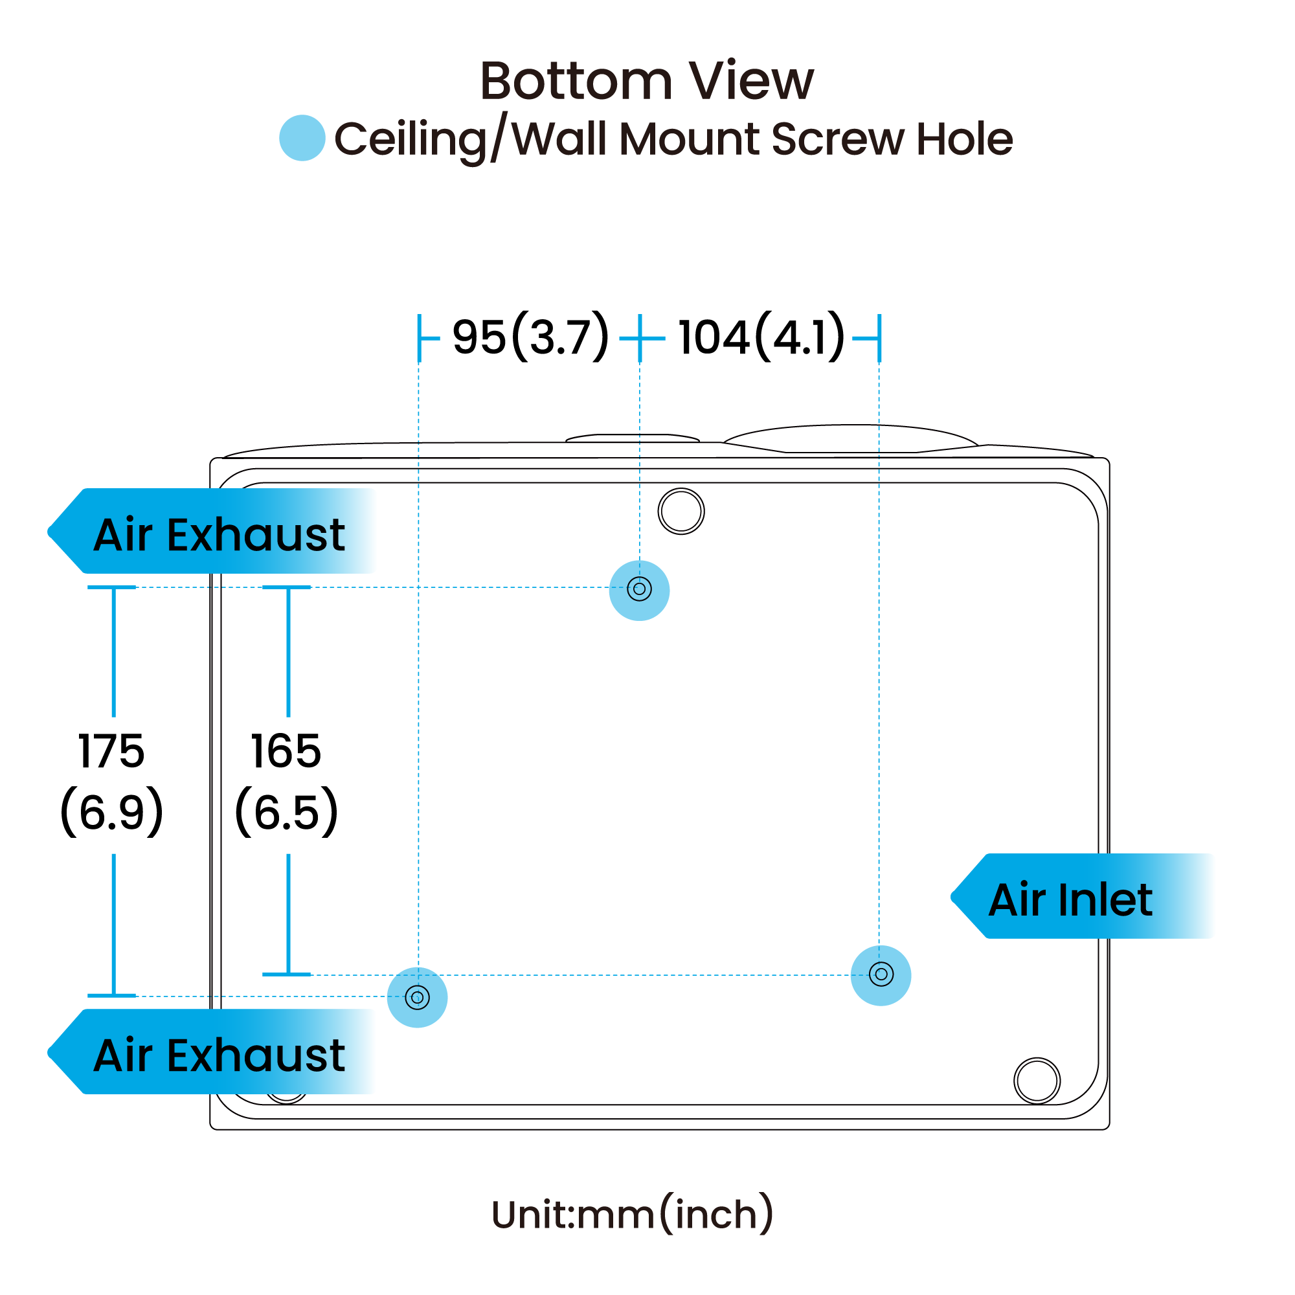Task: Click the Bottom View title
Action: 647,81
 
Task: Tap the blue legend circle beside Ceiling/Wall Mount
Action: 302,138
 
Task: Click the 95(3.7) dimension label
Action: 531,337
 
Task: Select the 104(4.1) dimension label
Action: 761,337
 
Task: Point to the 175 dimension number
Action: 111,751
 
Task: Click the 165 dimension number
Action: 286,751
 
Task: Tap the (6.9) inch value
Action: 112,811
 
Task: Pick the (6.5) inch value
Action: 287,811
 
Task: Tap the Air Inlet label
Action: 1070,899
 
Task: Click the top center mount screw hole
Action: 640,590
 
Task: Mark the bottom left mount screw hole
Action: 418,997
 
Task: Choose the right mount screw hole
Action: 881,974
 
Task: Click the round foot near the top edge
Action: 681,512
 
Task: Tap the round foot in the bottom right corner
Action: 1037,1081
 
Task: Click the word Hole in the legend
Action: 964,139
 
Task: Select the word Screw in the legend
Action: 838,139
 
